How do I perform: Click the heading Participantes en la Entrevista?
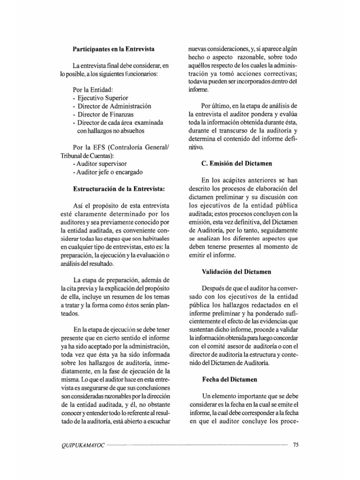click(114, 49)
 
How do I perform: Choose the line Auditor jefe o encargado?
click(107, 172)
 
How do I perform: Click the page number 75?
click(295, 445)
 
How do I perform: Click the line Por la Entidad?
click(93, 90)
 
